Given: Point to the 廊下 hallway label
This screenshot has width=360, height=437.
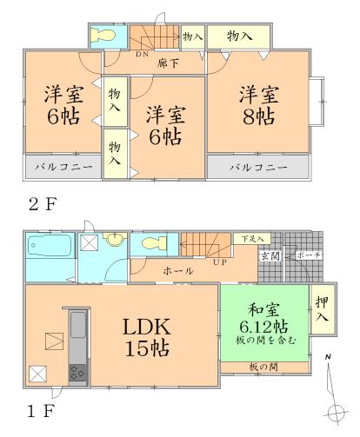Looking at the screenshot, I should point(171,63).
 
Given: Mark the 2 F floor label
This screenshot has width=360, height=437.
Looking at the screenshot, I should point(43,206).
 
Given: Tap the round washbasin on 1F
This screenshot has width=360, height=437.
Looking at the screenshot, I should point(112,242).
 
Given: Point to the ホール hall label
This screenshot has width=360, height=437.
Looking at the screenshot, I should point(179,271).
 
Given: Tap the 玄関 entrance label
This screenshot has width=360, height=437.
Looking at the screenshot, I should point(270,256).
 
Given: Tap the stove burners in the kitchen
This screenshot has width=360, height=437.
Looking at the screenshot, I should point(75,374).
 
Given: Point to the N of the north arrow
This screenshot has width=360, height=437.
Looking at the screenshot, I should point(327,357).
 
